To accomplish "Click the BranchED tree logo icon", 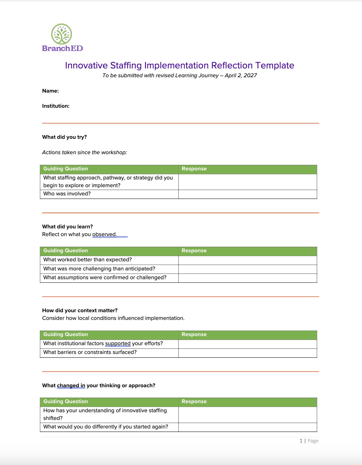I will [x=62, y=34].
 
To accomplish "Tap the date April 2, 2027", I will [x=241, y=76].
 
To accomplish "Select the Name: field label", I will [x=51, y=91].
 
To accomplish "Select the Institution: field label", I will [x=56, y=106].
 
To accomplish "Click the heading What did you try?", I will [x=65, y=137].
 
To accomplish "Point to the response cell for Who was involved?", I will [x=247, y=194].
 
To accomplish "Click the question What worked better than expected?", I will [x=88, y=260].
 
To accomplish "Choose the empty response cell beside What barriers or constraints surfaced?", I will [x=247, y=353].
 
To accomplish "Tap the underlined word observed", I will [x=104, y=234].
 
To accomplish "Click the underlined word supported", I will [x=118, y=344].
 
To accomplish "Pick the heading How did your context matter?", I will [x=80, y=311].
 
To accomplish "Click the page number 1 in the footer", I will [x=301, y=441].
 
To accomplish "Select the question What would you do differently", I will [x=106, y=427].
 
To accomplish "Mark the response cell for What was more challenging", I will [x=247, y=269].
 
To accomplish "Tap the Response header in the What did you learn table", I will [x=194, y=251].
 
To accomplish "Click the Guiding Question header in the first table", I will [x=66, y=169].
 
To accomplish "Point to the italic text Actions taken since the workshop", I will [x=85, y=153].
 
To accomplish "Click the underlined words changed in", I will [x=71, y=386].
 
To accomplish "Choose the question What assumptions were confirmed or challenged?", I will [x=105, y=278].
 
